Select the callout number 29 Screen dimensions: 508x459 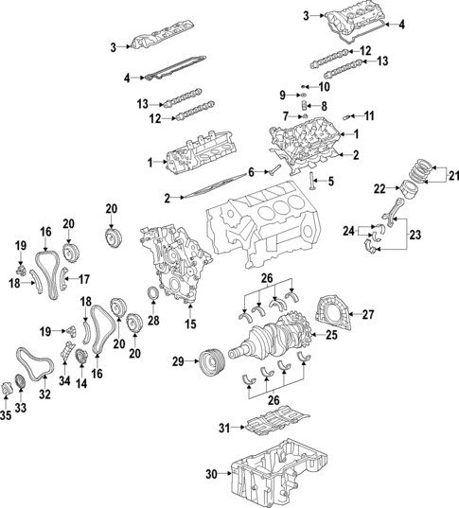coord(177,361)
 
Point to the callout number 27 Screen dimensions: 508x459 coord(369,314)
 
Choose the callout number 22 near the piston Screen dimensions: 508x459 coord(379,189)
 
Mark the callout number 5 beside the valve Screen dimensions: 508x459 coord(332,181)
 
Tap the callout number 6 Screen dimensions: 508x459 coord(252,171)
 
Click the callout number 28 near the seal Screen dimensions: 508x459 coord(154,322)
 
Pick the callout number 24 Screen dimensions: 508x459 coord(349,230)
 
